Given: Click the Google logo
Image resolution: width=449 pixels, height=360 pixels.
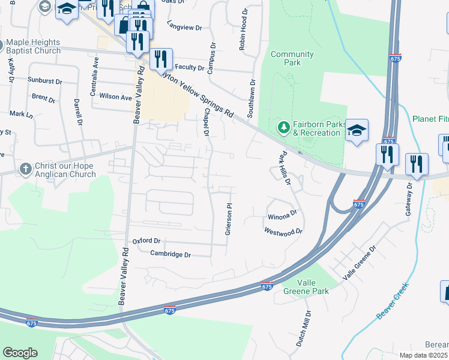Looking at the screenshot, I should tap(20, 352).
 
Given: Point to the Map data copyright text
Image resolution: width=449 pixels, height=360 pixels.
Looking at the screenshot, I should tap(424, 355).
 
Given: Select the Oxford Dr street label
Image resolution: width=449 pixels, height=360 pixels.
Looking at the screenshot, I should tap(146, 241).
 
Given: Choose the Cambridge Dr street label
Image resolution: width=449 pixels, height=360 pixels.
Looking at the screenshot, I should tap(170, 254).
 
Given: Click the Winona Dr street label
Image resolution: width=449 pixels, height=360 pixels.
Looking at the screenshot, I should tap(282, 214).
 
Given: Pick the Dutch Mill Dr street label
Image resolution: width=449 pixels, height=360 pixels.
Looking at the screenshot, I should tap(303, 328).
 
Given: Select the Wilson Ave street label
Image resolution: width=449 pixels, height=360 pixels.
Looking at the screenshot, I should tap(115, 97).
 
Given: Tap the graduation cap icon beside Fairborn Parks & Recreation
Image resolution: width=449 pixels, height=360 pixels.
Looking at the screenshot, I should tap(357, 131).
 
